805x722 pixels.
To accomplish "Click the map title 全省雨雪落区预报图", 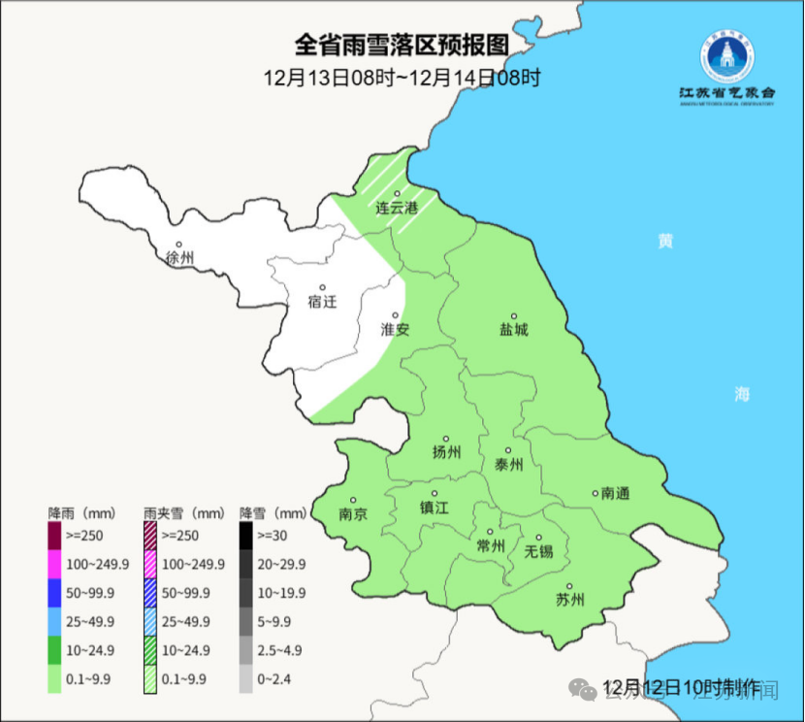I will click(401, 46).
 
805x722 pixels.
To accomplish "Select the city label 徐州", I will click(179, 258).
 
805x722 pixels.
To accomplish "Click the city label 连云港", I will click(397, 208).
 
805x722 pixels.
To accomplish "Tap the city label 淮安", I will click(395, 329).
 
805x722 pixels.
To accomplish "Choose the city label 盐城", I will click(513, 330).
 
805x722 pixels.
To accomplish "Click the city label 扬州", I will click(446, 452).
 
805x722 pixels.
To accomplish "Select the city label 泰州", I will click(508, 465).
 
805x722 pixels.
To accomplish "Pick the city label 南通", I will click(615, 493).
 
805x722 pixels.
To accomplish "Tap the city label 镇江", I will click(434, 508).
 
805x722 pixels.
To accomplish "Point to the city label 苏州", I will click(569, 599).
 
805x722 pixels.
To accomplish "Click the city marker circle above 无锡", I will click(538, 537).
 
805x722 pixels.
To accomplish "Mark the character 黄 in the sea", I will click(664, 241).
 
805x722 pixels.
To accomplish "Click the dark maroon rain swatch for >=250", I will click(55, 535).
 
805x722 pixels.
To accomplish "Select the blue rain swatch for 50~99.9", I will click(55, 592).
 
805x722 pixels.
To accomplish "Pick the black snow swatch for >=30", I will click(246, 535).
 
